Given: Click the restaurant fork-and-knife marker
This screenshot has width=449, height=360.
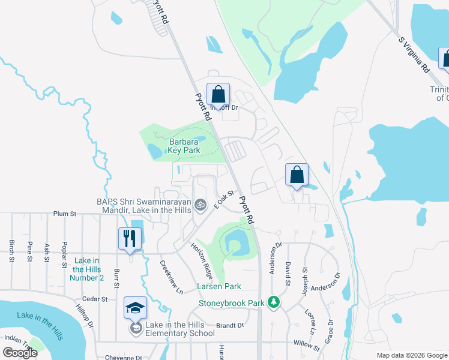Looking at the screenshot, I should [x=130, y=239].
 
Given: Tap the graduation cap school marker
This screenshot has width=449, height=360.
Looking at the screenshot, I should [x=135, y=308].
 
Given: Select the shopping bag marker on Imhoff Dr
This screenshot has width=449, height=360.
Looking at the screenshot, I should [x=218, y=94].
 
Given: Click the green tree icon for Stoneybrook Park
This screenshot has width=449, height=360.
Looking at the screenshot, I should [x=274, y=301].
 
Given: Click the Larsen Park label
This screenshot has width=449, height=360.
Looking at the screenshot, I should [x=219, y=287].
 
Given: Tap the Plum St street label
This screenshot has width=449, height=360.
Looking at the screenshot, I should [x=65, y=213].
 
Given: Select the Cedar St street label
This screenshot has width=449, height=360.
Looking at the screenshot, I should [x=96, y=298].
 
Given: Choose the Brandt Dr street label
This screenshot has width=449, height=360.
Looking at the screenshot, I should [x=230, y=326].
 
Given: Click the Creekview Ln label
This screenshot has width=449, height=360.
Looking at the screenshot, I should [x=171, y=277].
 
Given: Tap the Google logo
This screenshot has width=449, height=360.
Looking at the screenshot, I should [x=20, y=352].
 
